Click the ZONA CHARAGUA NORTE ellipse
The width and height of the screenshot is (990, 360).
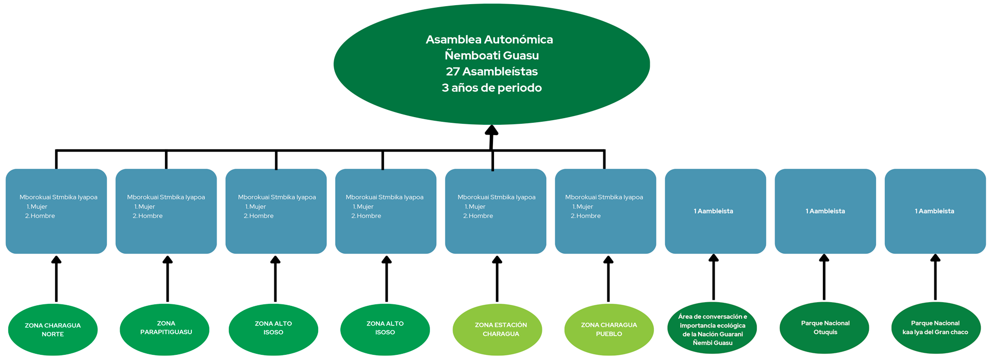[53, 330]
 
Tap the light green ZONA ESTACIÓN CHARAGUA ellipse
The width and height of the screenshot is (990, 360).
[498, 330]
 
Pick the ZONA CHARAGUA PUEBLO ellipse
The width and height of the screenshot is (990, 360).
[608, 330]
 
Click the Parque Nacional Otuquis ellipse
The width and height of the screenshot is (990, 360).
[824, 328]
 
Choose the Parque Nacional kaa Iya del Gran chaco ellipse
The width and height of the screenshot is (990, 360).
[935, 328]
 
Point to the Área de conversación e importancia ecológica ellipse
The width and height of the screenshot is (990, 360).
[713, 329]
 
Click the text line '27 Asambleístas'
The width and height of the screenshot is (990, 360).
[491, 72]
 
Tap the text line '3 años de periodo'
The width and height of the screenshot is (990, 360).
[491, 88]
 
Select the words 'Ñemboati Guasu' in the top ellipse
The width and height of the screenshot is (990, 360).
[491, 56]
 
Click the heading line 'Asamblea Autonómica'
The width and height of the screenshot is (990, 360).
[489, 40]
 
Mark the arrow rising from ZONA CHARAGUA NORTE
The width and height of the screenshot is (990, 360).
[56, 279]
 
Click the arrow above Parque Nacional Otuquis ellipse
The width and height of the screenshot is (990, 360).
[824, 277]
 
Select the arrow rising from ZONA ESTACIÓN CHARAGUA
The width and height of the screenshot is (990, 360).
[497, 279]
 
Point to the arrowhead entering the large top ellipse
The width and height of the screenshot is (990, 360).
[491, 130]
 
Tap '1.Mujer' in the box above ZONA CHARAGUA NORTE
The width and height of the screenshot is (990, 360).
[37, 207]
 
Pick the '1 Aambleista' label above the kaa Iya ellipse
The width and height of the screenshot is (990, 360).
[934, 211]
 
